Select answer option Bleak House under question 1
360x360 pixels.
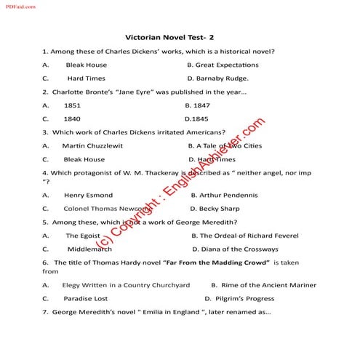pyautogui.click(x=86, y=65)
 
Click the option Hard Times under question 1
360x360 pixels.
pyautogui.click(x=86, y=78)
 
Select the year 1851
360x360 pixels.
pyautogui.click(x=72, y=105)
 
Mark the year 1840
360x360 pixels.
pyautogui.click(x=72, y=118)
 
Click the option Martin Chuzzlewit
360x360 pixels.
pyautogui.click(x=92, y=145)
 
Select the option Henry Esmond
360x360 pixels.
pyautogui.click(x=88, y=195)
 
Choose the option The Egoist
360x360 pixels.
pyautogui.click(x=83, y=236)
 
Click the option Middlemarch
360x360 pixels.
pyautogui.click(x=89, y=249)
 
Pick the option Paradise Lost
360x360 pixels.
pyautogui.click(x=85, y=298)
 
